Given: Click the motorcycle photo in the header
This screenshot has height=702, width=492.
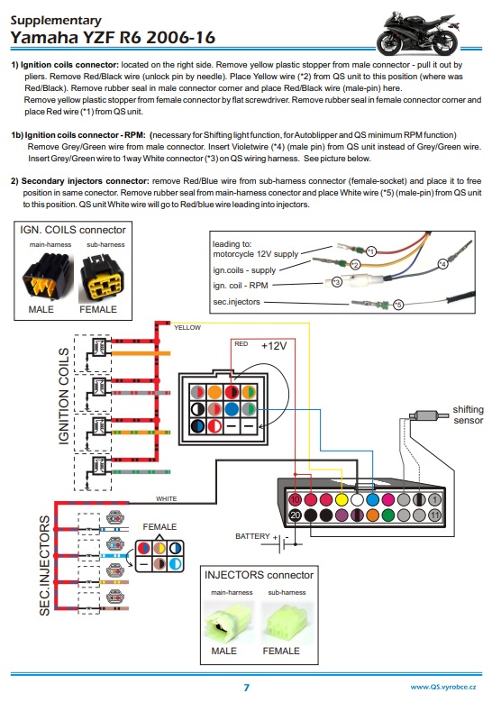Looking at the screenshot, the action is click(418, 34).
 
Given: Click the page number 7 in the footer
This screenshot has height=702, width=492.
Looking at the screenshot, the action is click(246, 688).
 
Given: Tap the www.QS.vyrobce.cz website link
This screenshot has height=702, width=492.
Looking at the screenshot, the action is click(443, 687).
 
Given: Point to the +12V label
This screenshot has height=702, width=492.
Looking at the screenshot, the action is click(274, 346).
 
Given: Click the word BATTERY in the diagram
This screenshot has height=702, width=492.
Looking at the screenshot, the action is click(252, 536).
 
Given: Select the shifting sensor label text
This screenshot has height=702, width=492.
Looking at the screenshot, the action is click(468, 415).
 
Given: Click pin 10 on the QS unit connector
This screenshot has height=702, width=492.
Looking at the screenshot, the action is click(295, 499).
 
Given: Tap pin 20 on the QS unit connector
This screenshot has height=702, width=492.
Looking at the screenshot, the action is click(295, 515).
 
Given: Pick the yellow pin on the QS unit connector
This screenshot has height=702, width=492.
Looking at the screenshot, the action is click(342, 499).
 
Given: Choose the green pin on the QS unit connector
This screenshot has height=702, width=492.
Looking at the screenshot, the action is click(388, 515).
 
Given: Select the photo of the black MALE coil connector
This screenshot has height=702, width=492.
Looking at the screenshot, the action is click(48, 278).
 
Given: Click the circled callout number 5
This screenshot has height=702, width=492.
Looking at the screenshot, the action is click(398, 305).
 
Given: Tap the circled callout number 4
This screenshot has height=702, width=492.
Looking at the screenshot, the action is click(442, 264).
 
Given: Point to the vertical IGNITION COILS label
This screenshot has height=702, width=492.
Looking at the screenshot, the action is click(64, 397).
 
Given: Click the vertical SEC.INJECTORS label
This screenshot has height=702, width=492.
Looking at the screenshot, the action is click(45, 565).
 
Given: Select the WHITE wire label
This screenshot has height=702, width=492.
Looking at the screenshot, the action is click(166, 498).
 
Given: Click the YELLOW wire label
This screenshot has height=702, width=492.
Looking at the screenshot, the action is click(187, 328).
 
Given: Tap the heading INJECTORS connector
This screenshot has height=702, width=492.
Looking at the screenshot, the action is click(259, 575).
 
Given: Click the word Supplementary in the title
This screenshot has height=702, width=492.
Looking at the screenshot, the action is click(56, 21).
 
